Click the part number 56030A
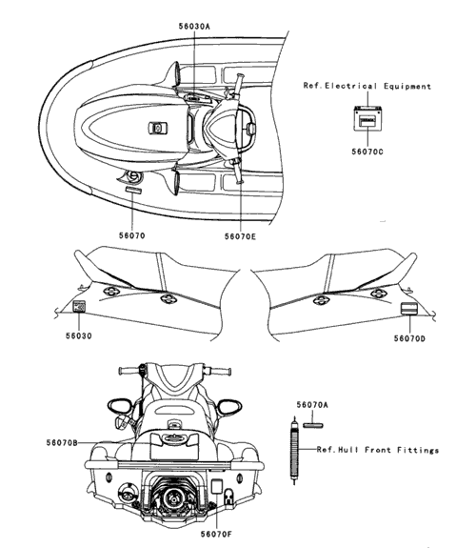click(194, 27)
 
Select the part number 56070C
click(367, 152)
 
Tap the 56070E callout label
click(240, 236)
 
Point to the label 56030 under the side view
click(79, 335)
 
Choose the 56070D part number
click(409, 338)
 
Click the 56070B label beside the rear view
click(62, 443)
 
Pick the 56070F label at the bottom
click(216, 534)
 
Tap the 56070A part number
click(312, 405)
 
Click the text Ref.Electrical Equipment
click(367, 86)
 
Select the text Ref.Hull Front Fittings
click(378, 450)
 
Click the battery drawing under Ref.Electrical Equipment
click(367, 118)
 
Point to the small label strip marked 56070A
click(313, 425)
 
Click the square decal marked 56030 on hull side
click(79, 306)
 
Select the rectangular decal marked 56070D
click(408, 308)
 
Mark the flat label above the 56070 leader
click(133, 190)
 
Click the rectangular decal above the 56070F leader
click(217, 486)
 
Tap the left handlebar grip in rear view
click(129, 371)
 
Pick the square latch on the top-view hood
click(158, 128)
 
